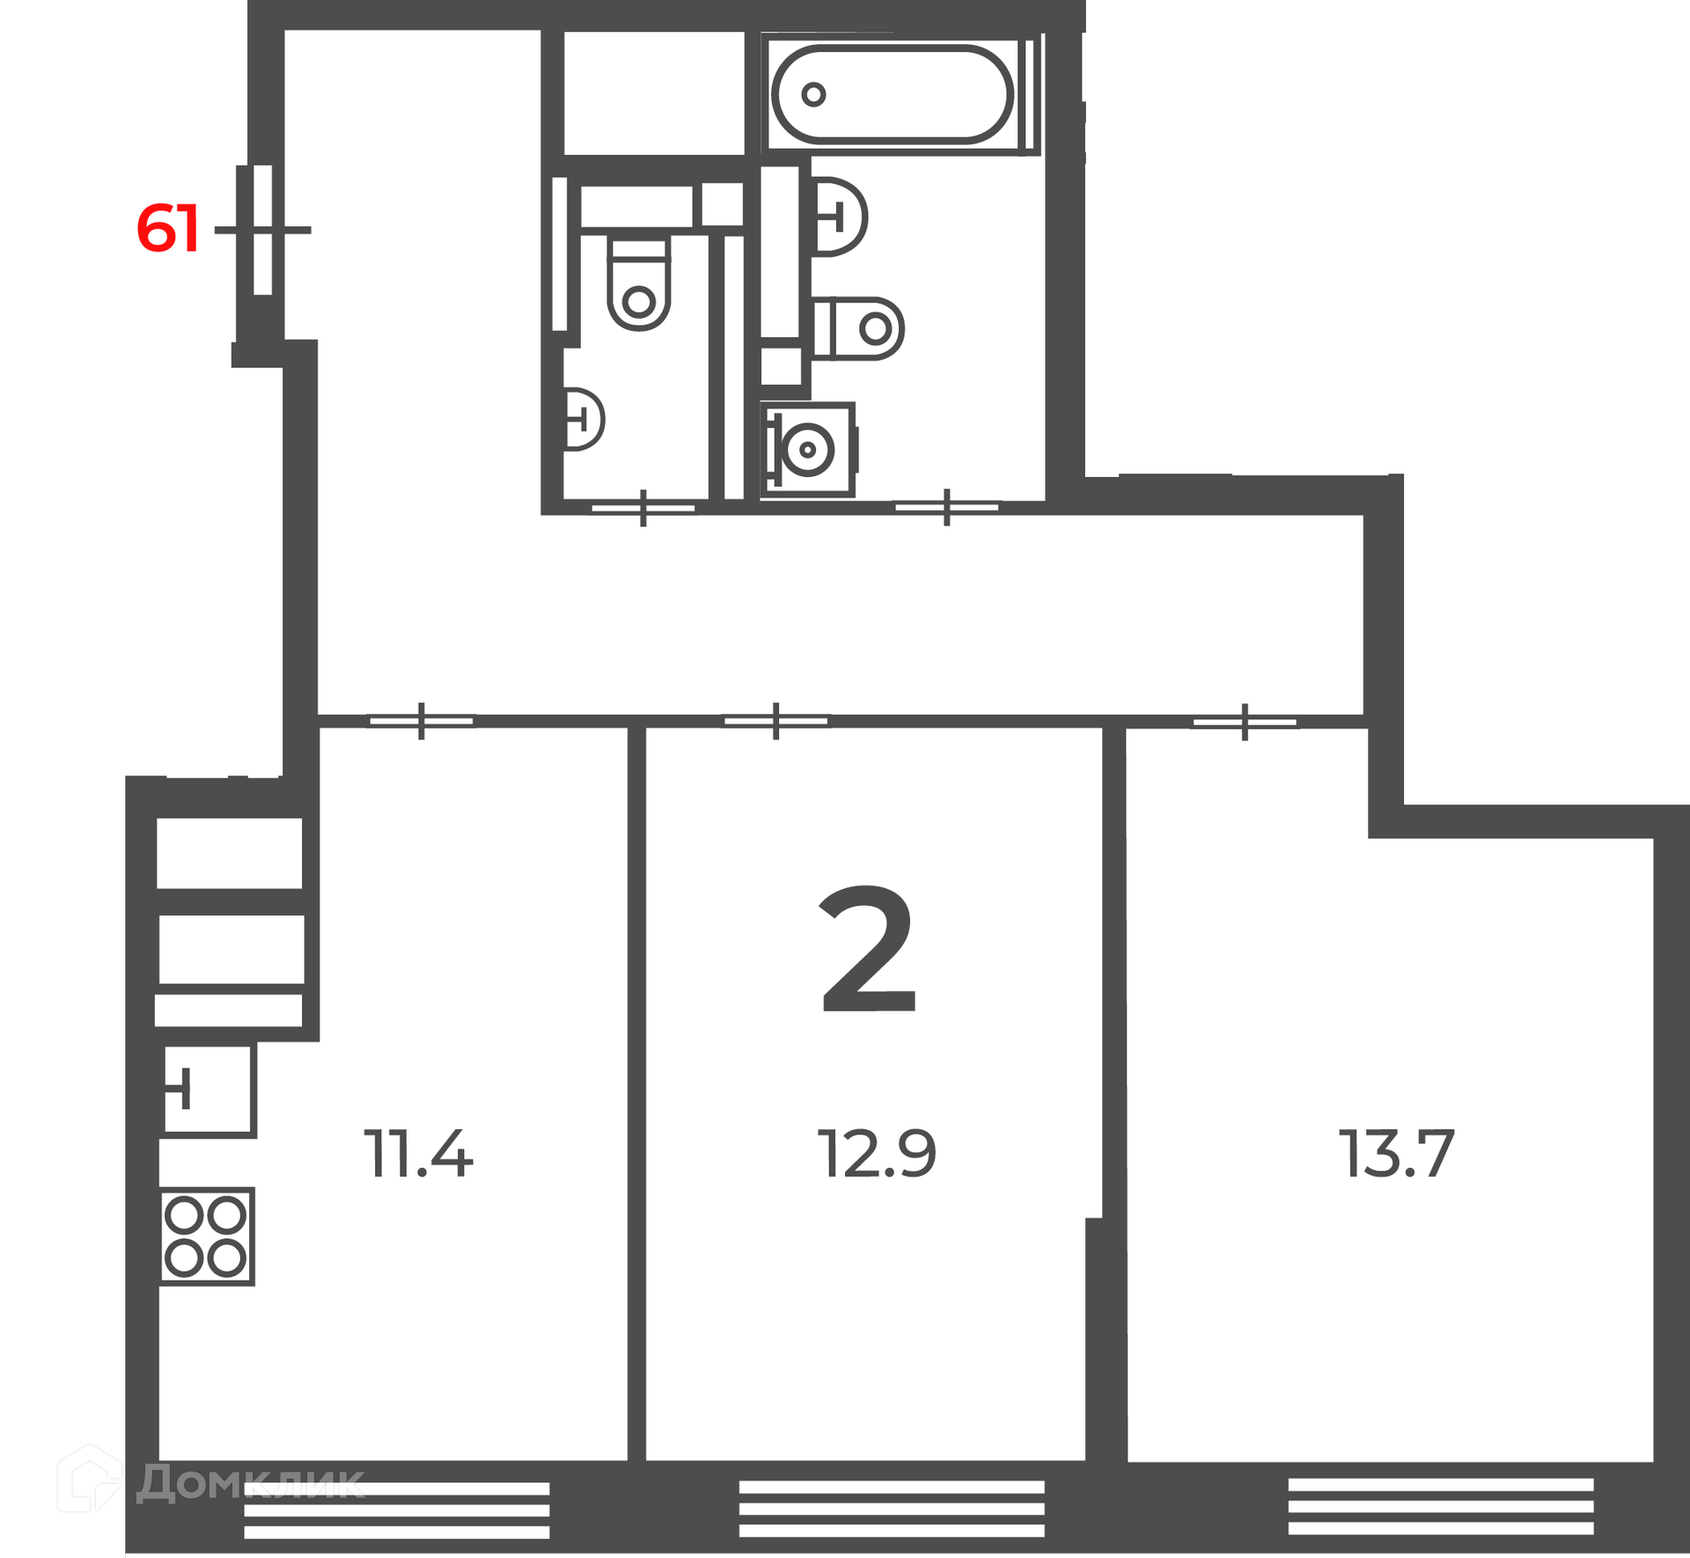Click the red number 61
pos(168,229)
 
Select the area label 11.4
pos(419,1154)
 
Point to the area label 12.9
pos(877,1154)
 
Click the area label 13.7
pos(1397,1154)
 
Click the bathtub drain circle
pos(813,94)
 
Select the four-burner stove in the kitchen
pos(207,1237)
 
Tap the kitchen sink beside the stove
pos(209,1091)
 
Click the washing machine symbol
pos(808,450)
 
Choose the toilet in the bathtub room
pos(858,328)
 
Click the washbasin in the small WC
pos(584,419)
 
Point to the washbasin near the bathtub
pos(839,217)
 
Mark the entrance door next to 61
pos(262,230)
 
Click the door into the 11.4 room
pos(422,721)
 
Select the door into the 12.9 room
pos(775,721)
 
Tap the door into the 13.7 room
pos(1245,722)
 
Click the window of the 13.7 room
pos(1441,1507)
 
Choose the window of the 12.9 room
pos(892,1508)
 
